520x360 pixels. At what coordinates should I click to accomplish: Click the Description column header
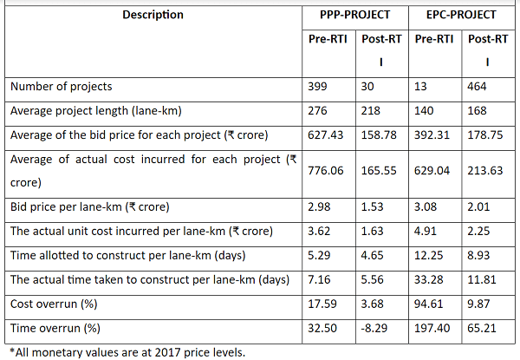click(153, 15)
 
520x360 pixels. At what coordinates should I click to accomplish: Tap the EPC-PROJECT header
click(461, 15)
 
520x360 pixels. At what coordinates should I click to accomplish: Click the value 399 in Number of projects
click(318, 87)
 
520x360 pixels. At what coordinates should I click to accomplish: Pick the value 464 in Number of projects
click(478, 87)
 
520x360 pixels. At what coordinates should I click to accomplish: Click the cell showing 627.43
click(326, 135)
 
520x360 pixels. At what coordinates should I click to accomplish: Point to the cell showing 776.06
click(326, 171)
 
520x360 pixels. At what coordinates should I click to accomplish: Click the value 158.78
click(379, 135)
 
